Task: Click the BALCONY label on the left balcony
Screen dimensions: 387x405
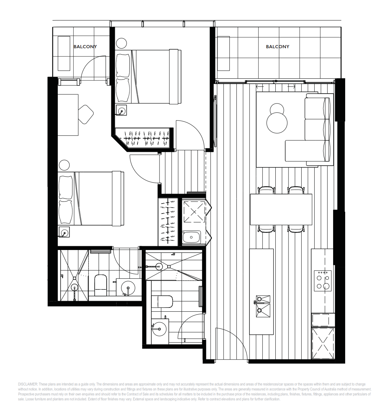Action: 85,47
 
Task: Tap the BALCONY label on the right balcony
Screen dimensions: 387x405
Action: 277,47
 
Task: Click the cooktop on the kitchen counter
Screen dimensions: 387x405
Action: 323,281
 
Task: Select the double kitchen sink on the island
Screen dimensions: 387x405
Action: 263,307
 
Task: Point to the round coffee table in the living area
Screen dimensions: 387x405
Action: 277,123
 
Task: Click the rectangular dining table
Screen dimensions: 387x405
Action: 281,209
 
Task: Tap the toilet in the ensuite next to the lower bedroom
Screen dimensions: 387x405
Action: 101,285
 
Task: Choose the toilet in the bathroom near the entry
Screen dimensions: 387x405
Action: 162,301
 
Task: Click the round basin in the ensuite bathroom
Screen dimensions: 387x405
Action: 128,287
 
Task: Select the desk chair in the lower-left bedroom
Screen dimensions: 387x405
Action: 86,114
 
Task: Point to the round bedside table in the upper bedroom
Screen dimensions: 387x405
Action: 121,43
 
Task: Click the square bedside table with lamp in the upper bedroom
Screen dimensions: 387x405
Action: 121,110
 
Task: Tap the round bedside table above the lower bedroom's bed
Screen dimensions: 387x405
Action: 64,165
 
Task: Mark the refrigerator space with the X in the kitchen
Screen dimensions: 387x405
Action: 323,343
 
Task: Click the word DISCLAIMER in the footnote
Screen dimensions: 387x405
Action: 28,384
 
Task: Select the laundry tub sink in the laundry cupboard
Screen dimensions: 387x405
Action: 191,237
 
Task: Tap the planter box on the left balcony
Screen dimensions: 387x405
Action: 64,54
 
